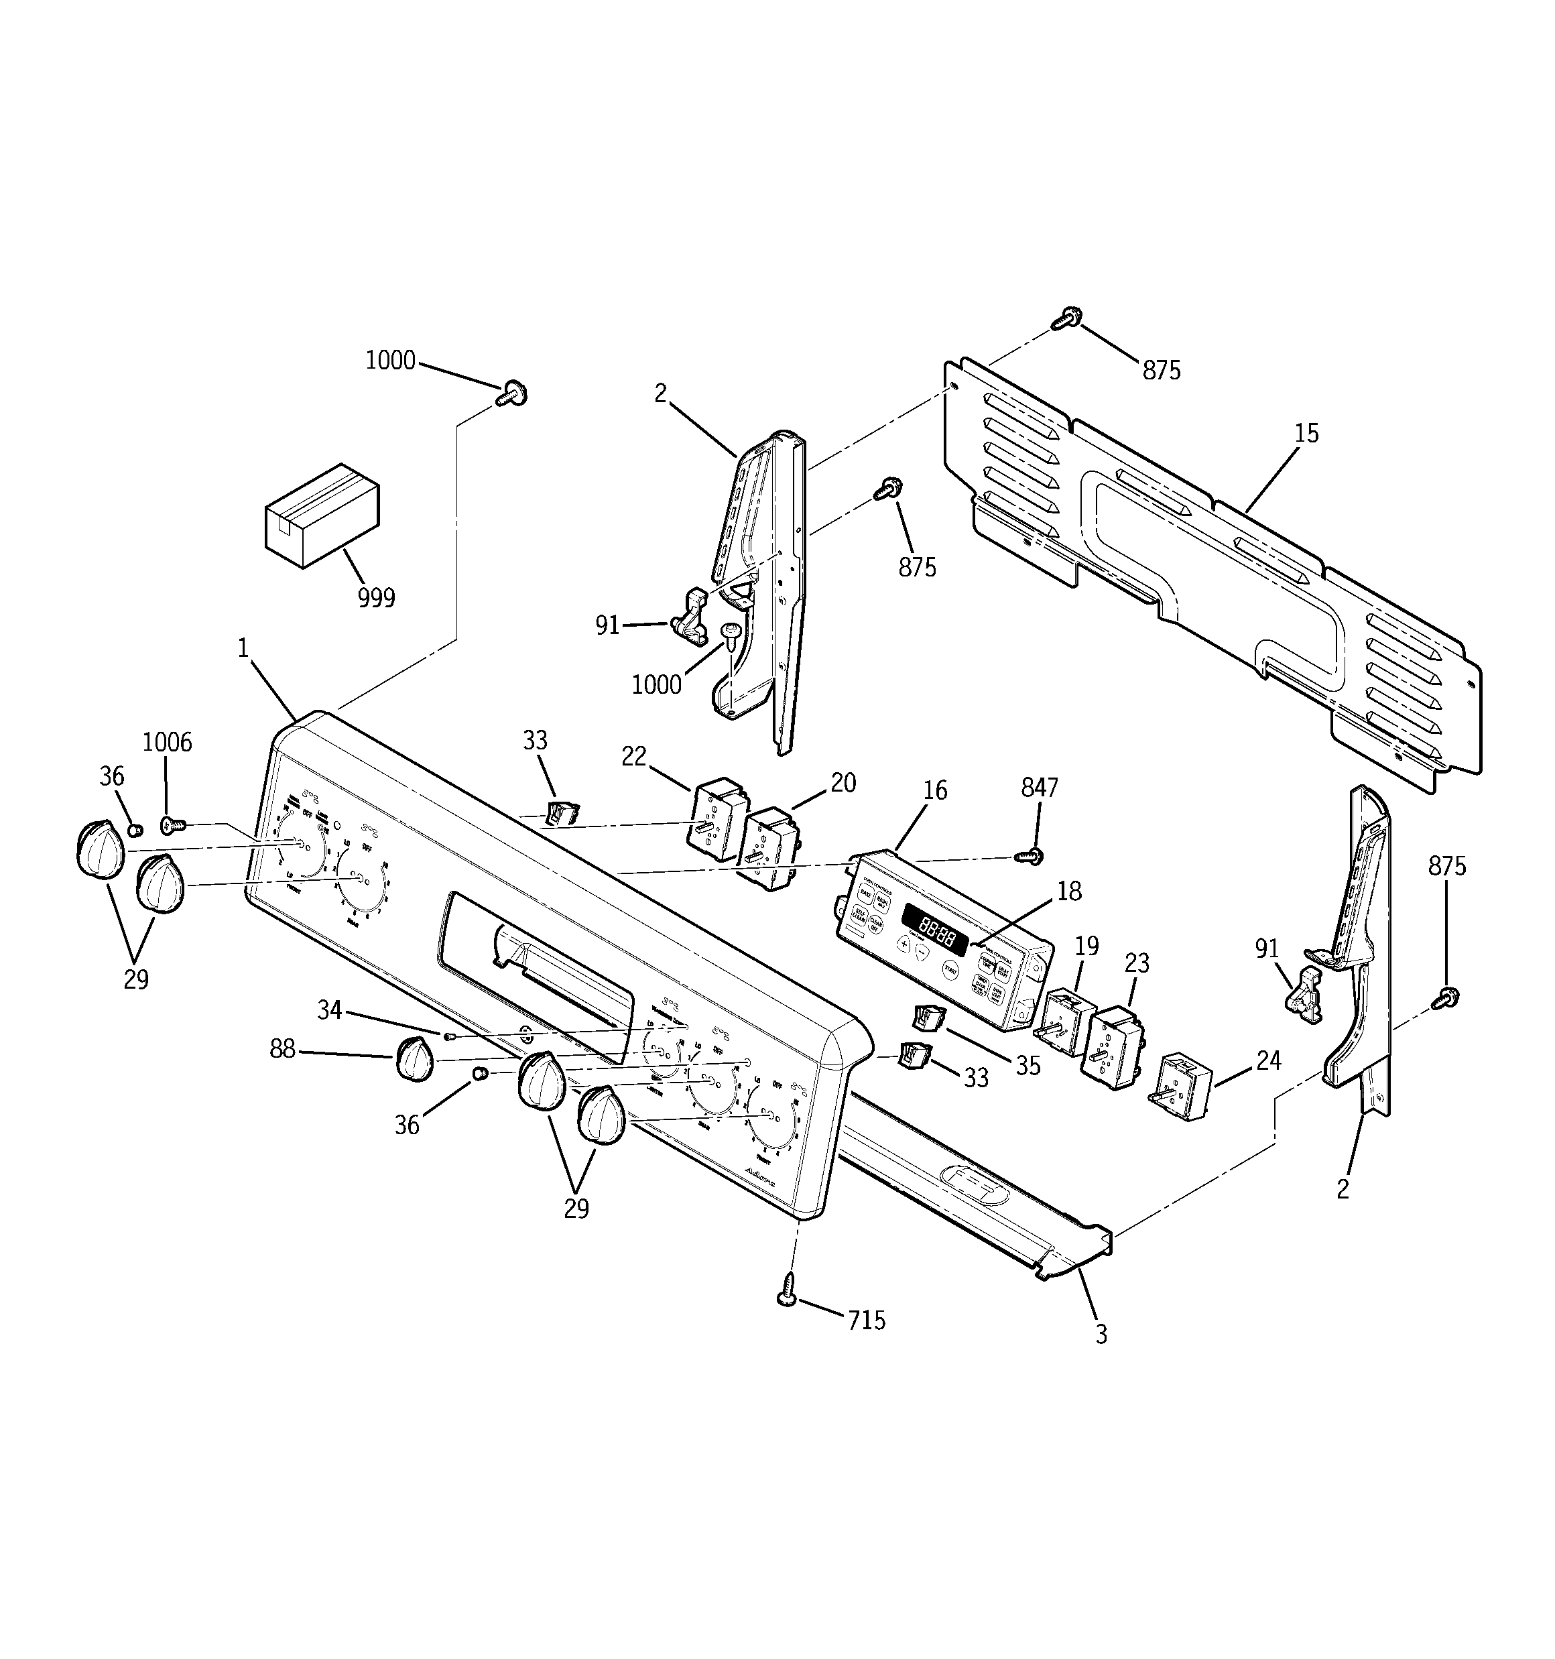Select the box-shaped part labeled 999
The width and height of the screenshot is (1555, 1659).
[321, 515]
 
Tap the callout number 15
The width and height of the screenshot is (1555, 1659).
[1306, 433]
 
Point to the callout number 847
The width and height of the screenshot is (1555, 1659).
[1039, 787]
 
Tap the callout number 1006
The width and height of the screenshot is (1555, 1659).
[167, 742]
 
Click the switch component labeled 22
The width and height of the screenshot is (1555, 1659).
[716, 818]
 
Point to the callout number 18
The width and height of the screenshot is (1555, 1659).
[1069, 892]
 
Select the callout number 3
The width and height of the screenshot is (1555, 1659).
[1101, 1335]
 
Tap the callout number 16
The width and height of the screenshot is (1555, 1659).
[936, 790]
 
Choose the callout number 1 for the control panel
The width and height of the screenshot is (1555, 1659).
[243, 648]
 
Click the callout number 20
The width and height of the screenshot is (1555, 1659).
[843, 783]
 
